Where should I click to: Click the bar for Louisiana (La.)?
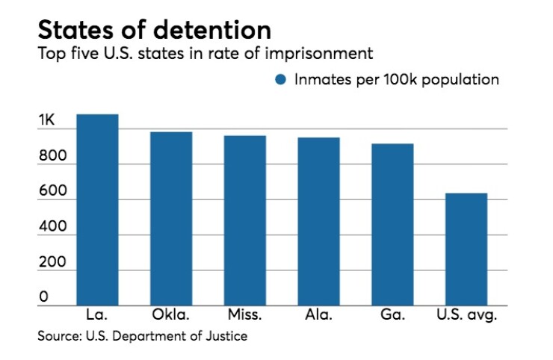click(x=97, y=210)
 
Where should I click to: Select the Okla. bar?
click(x=171, y=219)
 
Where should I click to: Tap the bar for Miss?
click(x=245, y=220)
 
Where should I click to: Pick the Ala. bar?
click(x=319, y=221)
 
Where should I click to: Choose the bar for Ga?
click(x=393, y=224)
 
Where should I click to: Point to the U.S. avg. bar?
click(x=467, y=249)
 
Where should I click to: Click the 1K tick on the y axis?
click(x=47, y=120)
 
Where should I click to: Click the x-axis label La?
click(x=97, y=317)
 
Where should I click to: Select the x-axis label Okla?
click(x=171, y=317)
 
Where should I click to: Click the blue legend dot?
click(x=281, y=80)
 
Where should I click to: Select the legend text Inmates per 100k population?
click(x=396, y=80)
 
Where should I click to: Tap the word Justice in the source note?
click(x=226, y=336)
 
